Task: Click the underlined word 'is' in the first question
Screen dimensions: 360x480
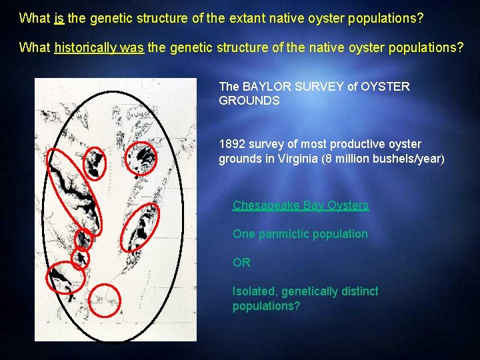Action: [59, 18]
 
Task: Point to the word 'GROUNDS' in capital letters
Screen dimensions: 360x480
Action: [249, 100]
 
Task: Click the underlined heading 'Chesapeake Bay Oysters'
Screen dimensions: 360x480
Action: [300, 205]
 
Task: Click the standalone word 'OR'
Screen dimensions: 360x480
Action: [241, 263]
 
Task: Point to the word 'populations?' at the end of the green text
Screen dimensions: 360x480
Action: [266, 306]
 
